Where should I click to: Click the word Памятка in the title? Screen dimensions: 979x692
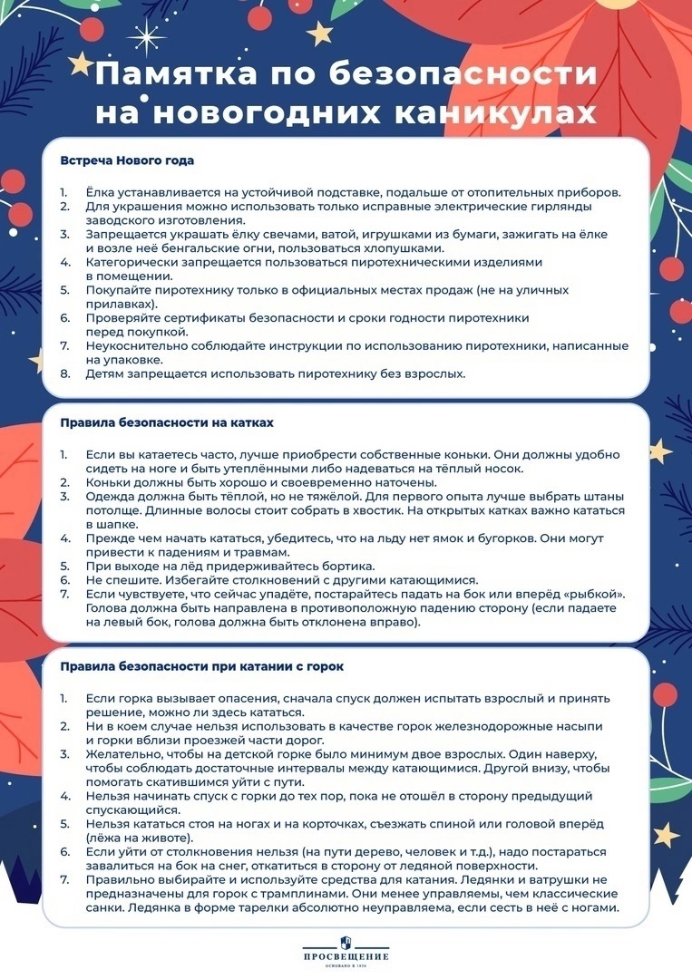point(171,74)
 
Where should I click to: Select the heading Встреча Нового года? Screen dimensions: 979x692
point(127,160)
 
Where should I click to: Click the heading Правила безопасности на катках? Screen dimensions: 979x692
point(167,422)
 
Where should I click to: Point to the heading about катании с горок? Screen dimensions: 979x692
point(201,667)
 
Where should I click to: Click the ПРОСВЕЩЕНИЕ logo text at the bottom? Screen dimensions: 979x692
point(346,956)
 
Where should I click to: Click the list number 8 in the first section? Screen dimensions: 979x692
point(64,373)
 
